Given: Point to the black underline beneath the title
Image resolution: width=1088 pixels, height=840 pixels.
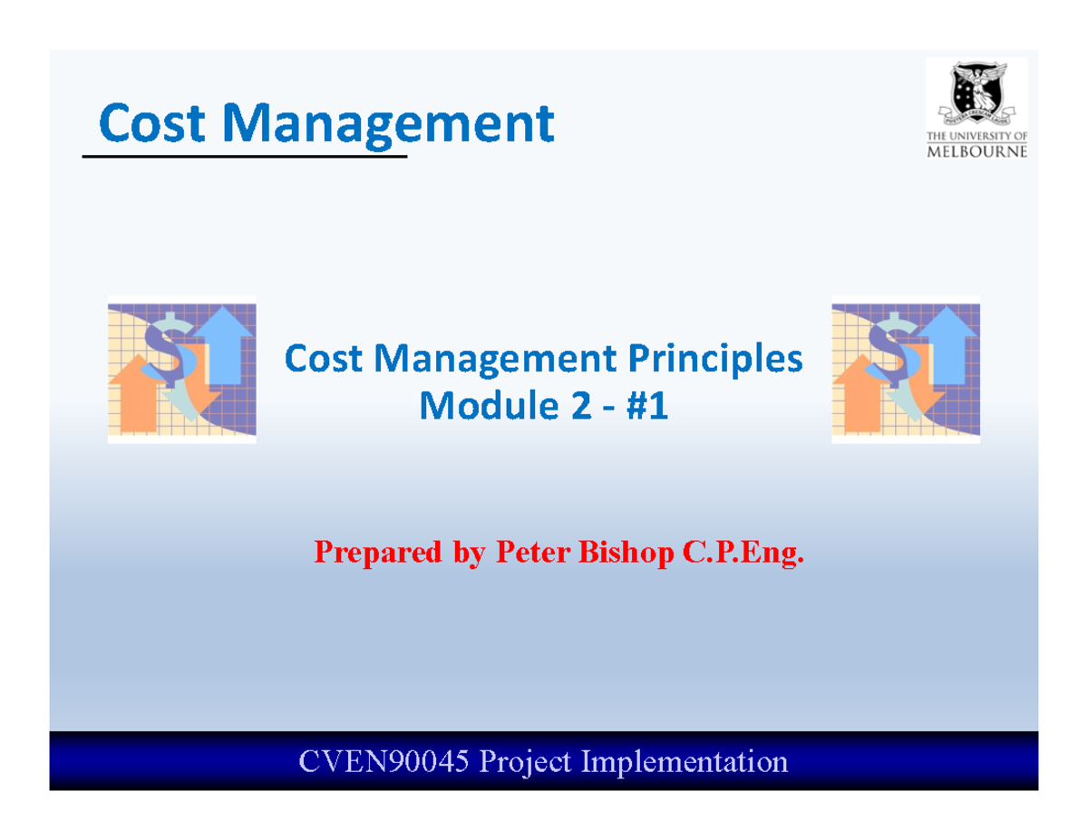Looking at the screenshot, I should point(245,158).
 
